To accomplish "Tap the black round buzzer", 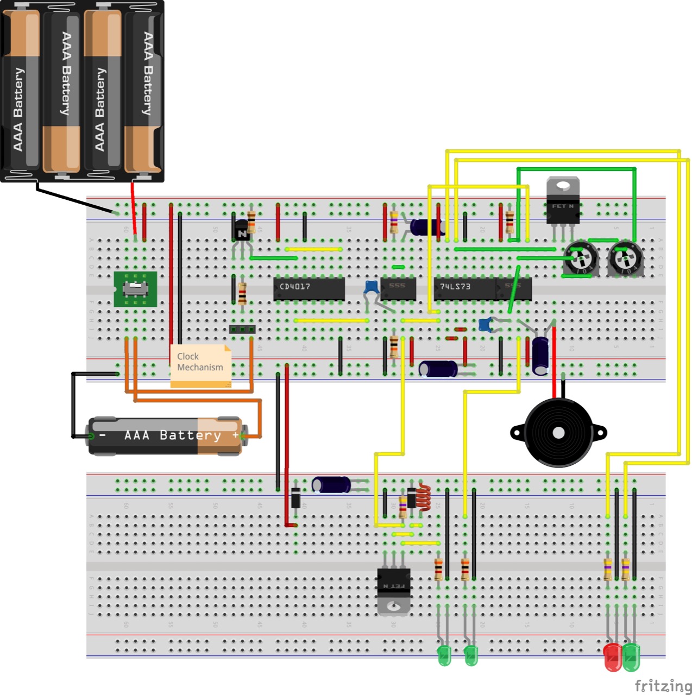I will (x=558, y=433).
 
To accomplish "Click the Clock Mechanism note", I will (x=200, y=365).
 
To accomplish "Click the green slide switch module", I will (x=135, y=289).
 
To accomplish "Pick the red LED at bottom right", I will (x=613, y=657).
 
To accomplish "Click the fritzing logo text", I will (x=663, y=685).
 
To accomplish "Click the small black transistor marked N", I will (x=242, y=232).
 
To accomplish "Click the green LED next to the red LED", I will (x=631, y=657).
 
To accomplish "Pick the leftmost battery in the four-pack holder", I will (x=22, y=90).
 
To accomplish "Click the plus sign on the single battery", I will (x=235, y=435).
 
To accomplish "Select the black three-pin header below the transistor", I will (x=242, y=329).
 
